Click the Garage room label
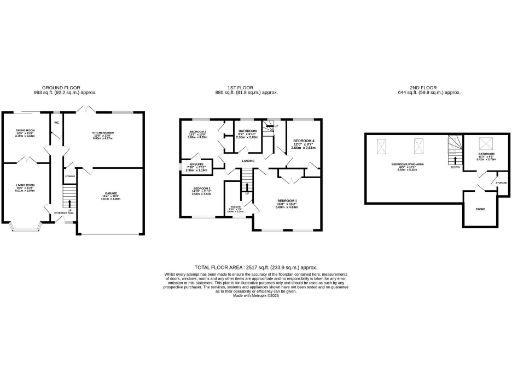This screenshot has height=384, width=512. click(x=108, y=196)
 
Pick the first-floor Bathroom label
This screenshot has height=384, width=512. click(x=248, y=132)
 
